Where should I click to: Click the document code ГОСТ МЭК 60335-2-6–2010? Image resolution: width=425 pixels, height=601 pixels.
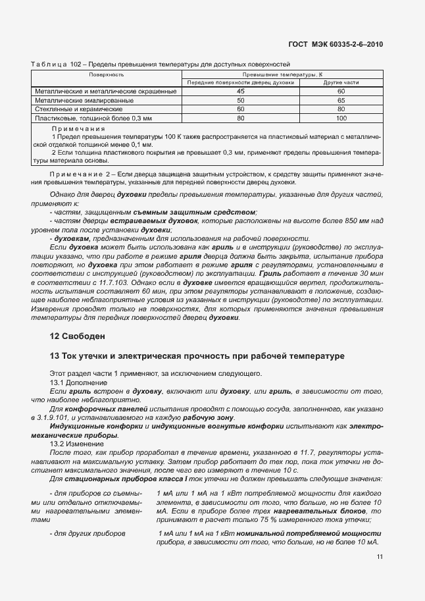click(x=336, y=44)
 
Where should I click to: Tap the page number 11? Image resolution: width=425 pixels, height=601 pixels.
click(x=380, y=557)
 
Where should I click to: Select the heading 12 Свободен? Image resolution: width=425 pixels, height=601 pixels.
click(x=77, y=336)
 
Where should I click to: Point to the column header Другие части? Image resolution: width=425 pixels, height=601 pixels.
click(x=341, y=83)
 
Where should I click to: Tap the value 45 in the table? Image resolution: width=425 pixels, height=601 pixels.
click(x=241, y=91)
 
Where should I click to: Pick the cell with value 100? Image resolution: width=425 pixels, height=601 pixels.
click(x=341, y=118)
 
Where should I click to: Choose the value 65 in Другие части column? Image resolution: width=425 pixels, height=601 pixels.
click(x=341, y=100)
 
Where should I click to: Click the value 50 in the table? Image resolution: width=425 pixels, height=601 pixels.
click(x=241, y=100)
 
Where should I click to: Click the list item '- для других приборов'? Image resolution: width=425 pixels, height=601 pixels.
click(x=86, y=533)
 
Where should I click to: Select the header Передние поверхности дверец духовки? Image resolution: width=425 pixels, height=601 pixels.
click(x=241, y=83)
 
